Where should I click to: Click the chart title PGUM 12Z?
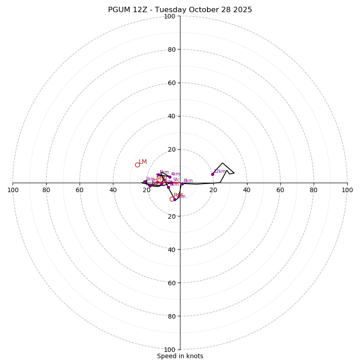tap(180, 10)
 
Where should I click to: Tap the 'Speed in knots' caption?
tap(180, 356)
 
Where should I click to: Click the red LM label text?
tap(143, 162)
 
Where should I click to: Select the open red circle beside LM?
tap(137, 165)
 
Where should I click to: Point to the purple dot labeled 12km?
tap(212, 174)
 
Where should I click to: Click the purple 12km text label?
tap(220, 171)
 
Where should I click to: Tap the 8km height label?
tap(188, 181)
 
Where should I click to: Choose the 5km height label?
tap(164, 172)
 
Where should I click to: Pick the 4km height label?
tap(175, 174)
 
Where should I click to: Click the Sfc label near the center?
tap(176, 180)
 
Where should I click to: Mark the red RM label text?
tap(178, 195)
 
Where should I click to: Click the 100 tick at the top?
tap(170, 16)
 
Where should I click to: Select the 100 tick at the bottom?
tap(170, 349)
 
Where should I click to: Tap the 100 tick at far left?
tap(13, 190)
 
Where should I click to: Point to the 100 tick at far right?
tap(347, 190)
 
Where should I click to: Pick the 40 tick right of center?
tap(247, 190)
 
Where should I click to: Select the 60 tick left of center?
tap(80, 190)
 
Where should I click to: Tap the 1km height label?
tap(150, 179)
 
